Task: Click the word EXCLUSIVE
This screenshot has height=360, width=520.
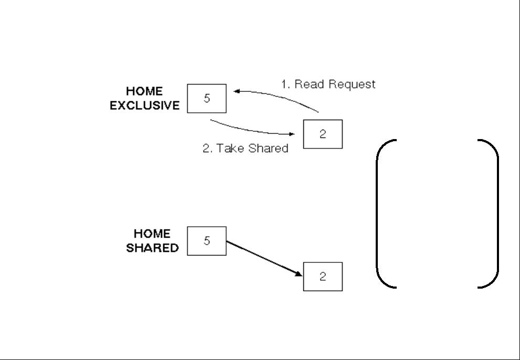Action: (145, 105)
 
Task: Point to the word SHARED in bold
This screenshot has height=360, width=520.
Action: (152, 248)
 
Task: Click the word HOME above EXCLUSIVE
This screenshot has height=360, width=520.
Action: (144, 91)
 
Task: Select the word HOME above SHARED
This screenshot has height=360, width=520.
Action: (152, 234)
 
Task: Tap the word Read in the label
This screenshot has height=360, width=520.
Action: (309, 84)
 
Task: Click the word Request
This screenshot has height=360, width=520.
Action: (352, 84)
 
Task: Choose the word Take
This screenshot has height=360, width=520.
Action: (230, 148)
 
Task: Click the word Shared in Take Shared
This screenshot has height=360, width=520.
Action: (268, 148)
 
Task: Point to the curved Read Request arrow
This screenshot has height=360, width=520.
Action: (278, 97)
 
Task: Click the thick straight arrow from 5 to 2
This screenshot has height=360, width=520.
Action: (264, 259)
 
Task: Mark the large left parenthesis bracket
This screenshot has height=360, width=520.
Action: (377, 214)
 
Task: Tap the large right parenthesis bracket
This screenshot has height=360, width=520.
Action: (497, 214)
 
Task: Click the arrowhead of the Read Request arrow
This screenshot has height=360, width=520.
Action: (237, 91)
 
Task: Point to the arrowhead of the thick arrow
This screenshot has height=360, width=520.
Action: (299, 274)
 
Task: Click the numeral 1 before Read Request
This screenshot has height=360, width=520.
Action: (284, 84)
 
